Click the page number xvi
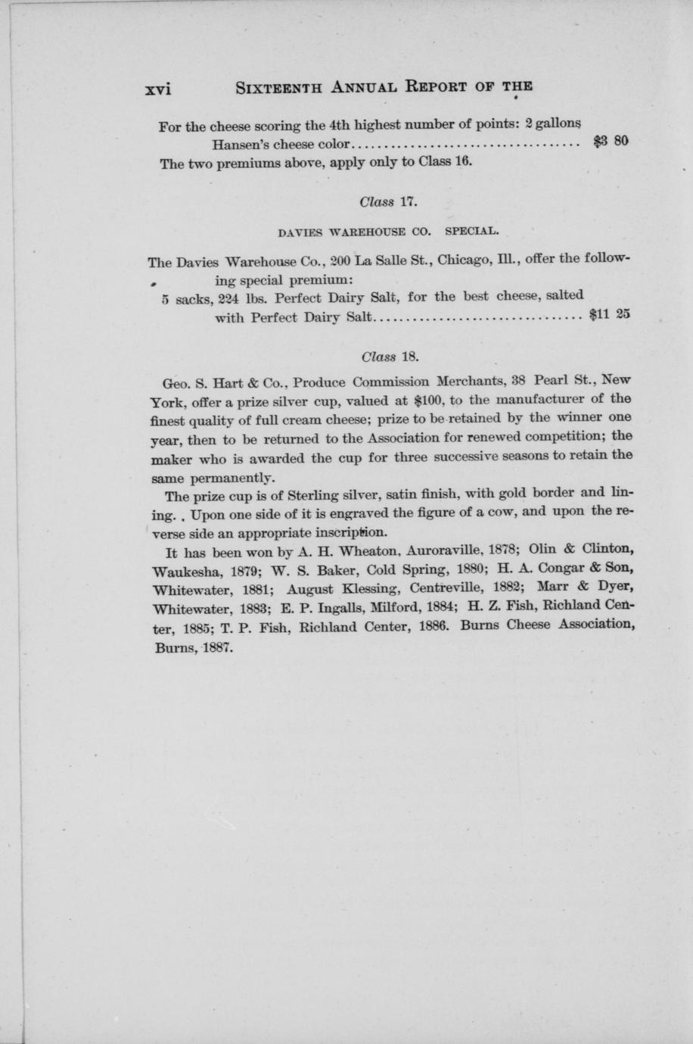158,87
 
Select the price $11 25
609,316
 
